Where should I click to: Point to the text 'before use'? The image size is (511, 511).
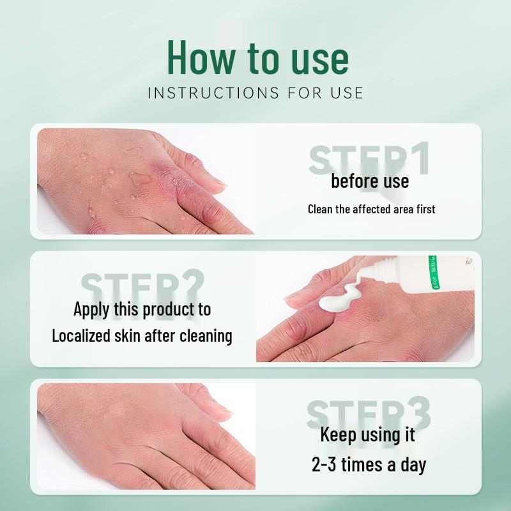point(370,181)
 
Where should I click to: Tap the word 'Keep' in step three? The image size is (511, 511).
point(338,436)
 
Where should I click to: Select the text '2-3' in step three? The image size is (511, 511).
point(324,464)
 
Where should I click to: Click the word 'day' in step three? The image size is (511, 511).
point(413,465)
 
